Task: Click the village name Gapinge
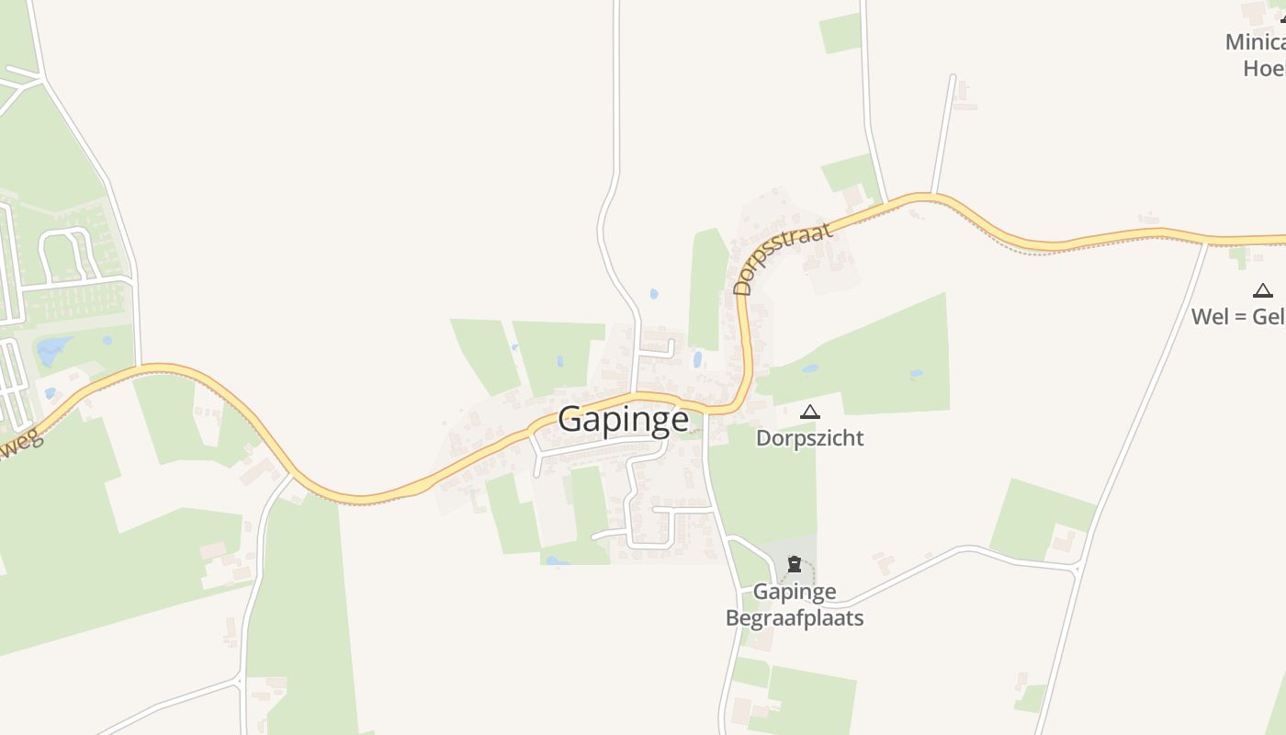point(623,419)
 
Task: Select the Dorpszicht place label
point(809,438)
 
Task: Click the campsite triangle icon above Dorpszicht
point(809,412)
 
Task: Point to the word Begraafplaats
point(795,617)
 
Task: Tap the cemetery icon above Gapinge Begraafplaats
point(795,564)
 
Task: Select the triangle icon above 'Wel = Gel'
point(1263,291)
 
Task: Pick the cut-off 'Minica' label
point(1255,42)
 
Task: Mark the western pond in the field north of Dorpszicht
point(809,368)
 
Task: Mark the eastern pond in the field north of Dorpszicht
point(916,374)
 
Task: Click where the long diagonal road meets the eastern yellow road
point(1205,243)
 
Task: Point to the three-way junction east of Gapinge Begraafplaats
point(1077,571)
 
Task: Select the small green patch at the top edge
point(840,33)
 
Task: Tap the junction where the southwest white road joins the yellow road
point(292,476)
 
